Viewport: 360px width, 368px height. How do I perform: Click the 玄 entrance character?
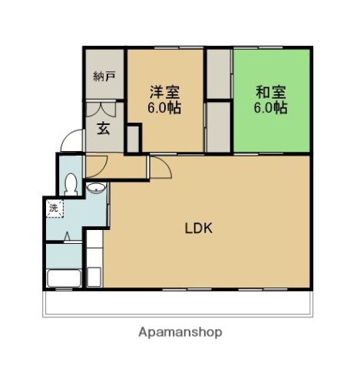point(103,128)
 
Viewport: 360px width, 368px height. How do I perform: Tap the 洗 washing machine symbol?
point(54,207)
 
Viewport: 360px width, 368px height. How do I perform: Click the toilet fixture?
point(71,184)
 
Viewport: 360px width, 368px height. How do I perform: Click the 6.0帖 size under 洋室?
point(164,108)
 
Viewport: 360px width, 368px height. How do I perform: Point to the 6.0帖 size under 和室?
point(271,108)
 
